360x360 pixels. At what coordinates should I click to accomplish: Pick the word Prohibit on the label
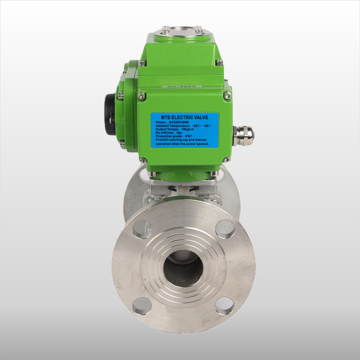pos(163,140)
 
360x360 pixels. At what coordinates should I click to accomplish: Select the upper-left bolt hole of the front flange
pos(142,229)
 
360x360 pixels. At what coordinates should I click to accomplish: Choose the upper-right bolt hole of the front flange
pos(225,229)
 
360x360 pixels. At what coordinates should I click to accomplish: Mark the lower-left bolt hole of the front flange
pos(142,306)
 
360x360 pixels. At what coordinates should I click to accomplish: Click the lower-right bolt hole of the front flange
pos(224,306)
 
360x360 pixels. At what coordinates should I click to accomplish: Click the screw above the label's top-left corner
pos(142,95)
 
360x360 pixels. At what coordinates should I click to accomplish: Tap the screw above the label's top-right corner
pos(227,95)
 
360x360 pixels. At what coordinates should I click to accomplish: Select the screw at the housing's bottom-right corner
pos(226,160)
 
